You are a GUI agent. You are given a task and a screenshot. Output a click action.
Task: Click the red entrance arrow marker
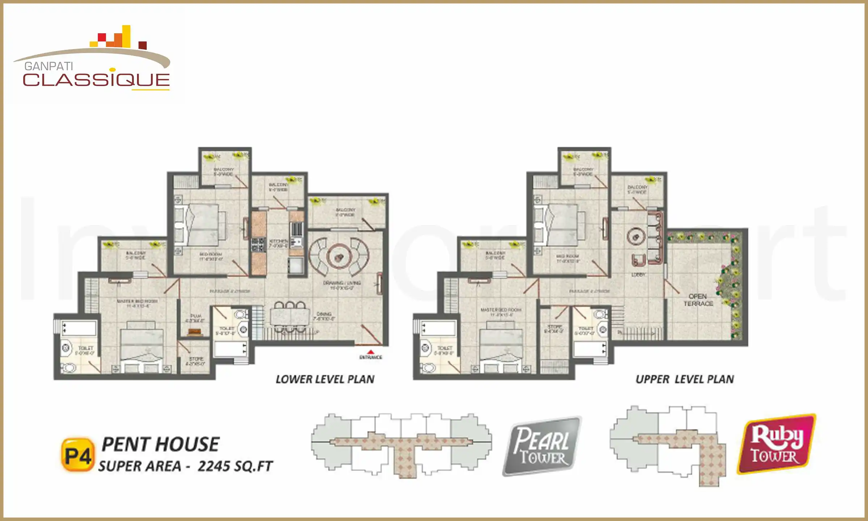[x=370, y=352]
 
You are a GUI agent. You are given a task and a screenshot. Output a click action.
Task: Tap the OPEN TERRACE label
[x=698, y=300]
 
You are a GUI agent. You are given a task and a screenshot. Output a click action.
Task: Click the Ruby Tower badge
[x=776, y=444]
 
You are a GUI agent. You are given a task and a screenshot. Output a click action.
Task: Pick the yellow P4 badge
[x=77, y=455]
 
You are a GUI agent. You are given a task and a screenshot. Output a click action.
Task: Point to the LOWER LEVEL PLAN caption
[x=325, y=380]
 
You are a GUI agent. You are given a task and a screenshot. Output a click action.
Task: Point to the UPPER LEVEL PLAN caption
[x=685, y=380]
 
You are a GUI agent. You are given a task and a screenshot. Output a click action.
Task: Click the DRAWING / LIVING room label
[x=342, y=283]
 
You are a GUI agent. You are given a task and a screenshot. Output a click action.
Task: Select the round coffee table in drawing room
[x=339, y=257]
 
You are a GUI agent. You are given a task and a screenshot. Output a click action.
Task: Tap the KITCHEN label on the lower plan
[x=279, y=241]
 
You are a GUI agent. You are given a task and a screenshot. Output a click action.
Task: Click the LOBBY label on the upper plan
[x=638, y=275]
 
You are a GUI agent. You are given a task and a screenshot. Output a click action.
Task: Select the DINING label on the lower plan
[x=324, y=314]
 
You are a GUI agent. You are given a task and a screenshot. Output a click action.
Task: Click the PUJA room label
[x=196, y=316]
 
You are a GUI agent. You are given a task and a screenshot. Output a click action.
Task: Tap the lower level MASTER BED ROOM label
[x=137, y=301]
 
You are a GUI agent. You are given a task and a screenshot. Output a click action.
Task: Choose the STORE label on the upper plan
[x=554, y=327]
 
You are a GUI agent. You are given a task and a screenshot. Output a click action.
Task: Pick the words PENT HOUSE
[x=160, y=444]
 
